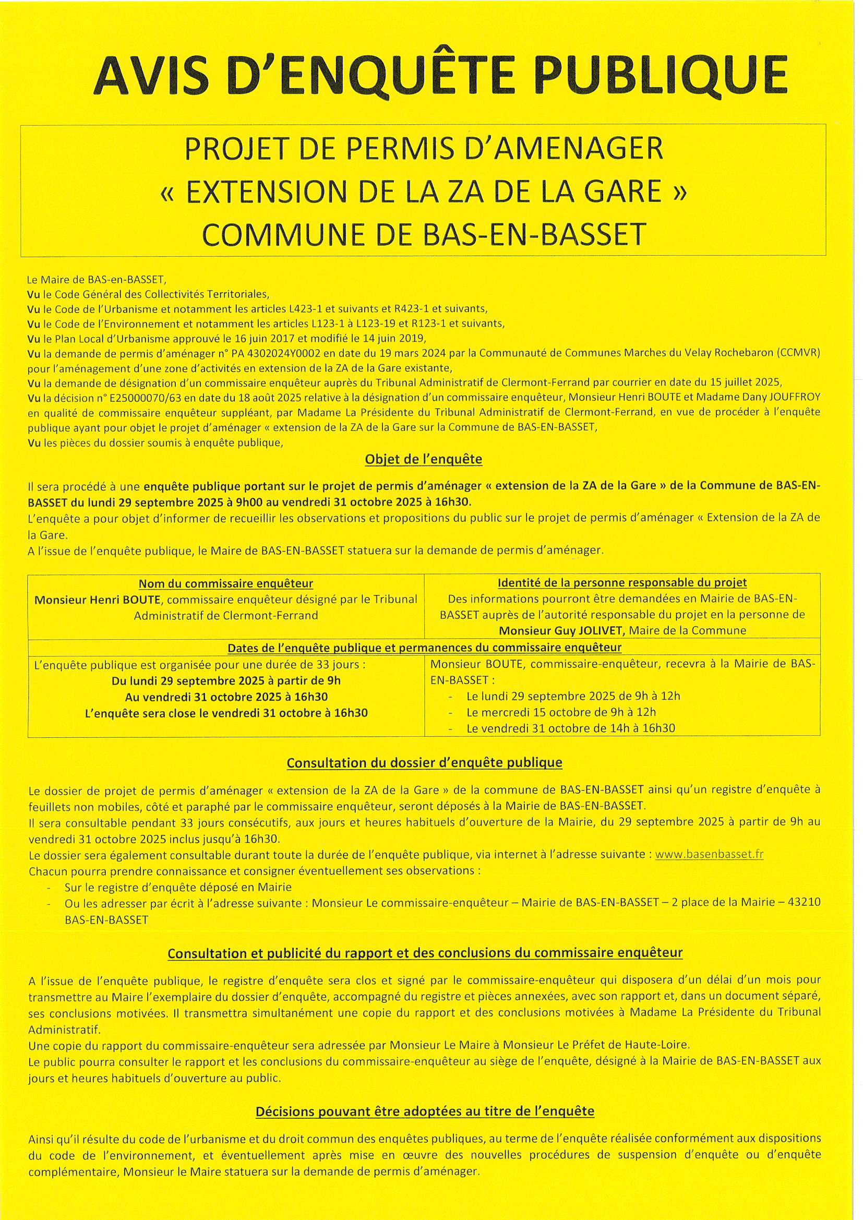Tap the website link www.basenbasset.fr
[710, 854]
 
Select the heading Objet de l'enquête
[424, 459]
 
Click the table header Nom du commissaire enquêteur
[226, 583]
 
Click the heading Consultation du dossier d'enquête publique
[424, 763]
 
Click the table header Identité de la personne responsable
[622, 583]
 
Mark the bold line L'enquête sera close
[226, 713]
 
